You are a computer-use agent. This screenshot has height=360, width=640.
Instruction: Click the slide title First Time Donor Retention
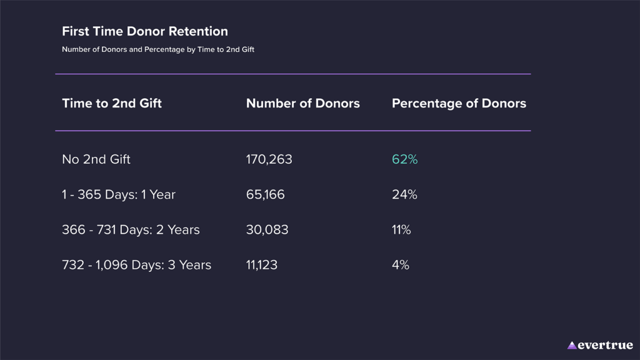point(145,31)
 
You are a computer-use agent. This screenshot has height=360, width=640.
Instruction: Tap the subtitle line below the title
point(158,49)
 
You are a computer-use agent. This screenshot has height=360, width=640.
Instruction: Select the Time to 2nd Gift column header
point(112,104)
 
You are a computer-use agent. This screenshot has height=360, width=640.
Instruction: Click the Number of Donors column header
point(303,104)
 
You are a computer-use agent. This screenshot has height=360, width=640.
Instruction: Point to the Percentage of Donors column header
point(459,104)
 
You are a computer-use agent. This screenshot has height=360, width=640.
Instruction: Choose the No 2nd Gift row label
point(96,159)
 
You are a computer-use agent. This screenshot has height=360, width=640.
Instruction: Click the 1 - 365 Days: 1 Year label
point(119,194)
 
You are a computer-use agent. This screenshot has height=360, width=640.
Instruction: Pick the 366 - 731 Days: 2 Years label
point(131,230)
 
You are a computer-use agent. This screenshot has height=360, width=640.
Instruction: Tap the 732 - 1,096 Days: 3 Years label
point(136,265)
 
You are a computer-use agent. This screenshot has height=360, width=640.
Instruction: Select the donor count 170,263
point(269,159)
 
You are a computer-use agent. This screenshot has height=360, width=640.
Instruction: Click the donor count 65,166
point(266,194)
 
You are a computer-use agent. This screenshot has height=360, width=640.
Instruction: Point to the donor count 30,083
point(267,230)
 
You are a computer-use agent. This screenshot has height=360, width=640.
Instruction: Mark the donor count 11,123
point(262,265)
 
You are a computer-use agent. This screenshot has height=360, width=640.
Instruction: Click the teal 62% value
point(404,159)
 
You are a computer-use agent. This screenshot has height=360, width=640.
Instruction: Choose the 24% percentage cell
point(404,194)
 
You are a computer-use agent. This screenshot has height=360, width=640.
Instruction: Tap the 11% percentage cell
point(401,230)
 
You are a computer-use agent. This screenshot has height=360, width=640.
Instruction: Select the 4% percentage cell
point(401,265)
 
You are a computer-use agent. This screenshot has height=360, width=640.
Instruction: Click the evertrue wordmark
point(606,345)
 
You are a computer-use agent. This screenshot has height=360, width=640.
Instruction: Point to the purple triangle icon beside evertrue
point(572,345)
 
